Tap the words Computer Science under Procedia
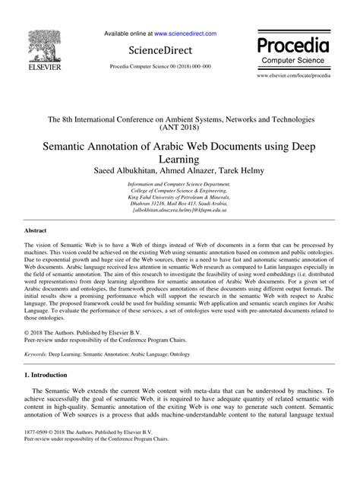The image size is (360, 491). (x=292, y=59)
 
